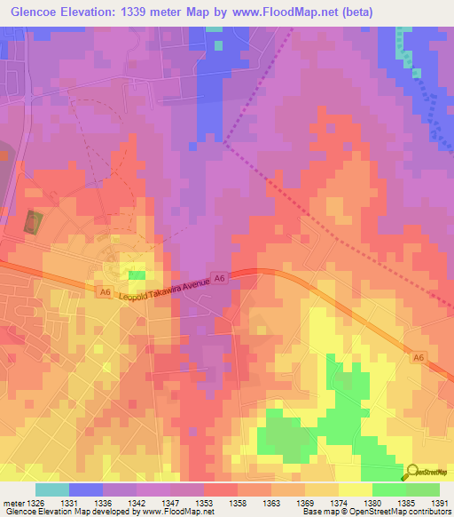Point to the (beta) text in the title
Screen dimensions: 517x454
[x=353, y=12]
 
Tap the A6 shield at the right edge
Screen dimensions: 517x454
[x=418, y=355]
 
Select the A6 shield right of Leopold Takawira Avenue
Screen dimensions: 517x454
[x=220, y=279]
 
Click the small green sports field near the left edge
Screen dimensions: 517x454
[x=33, y=222]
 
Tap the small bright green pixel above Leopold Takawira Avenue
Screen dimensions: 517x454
[x=136, y=275]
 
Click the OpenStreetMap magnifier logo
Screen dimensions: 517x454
[x=412, y=472]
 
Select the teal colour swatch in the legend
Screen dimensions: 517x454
[x=51, y=489]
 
